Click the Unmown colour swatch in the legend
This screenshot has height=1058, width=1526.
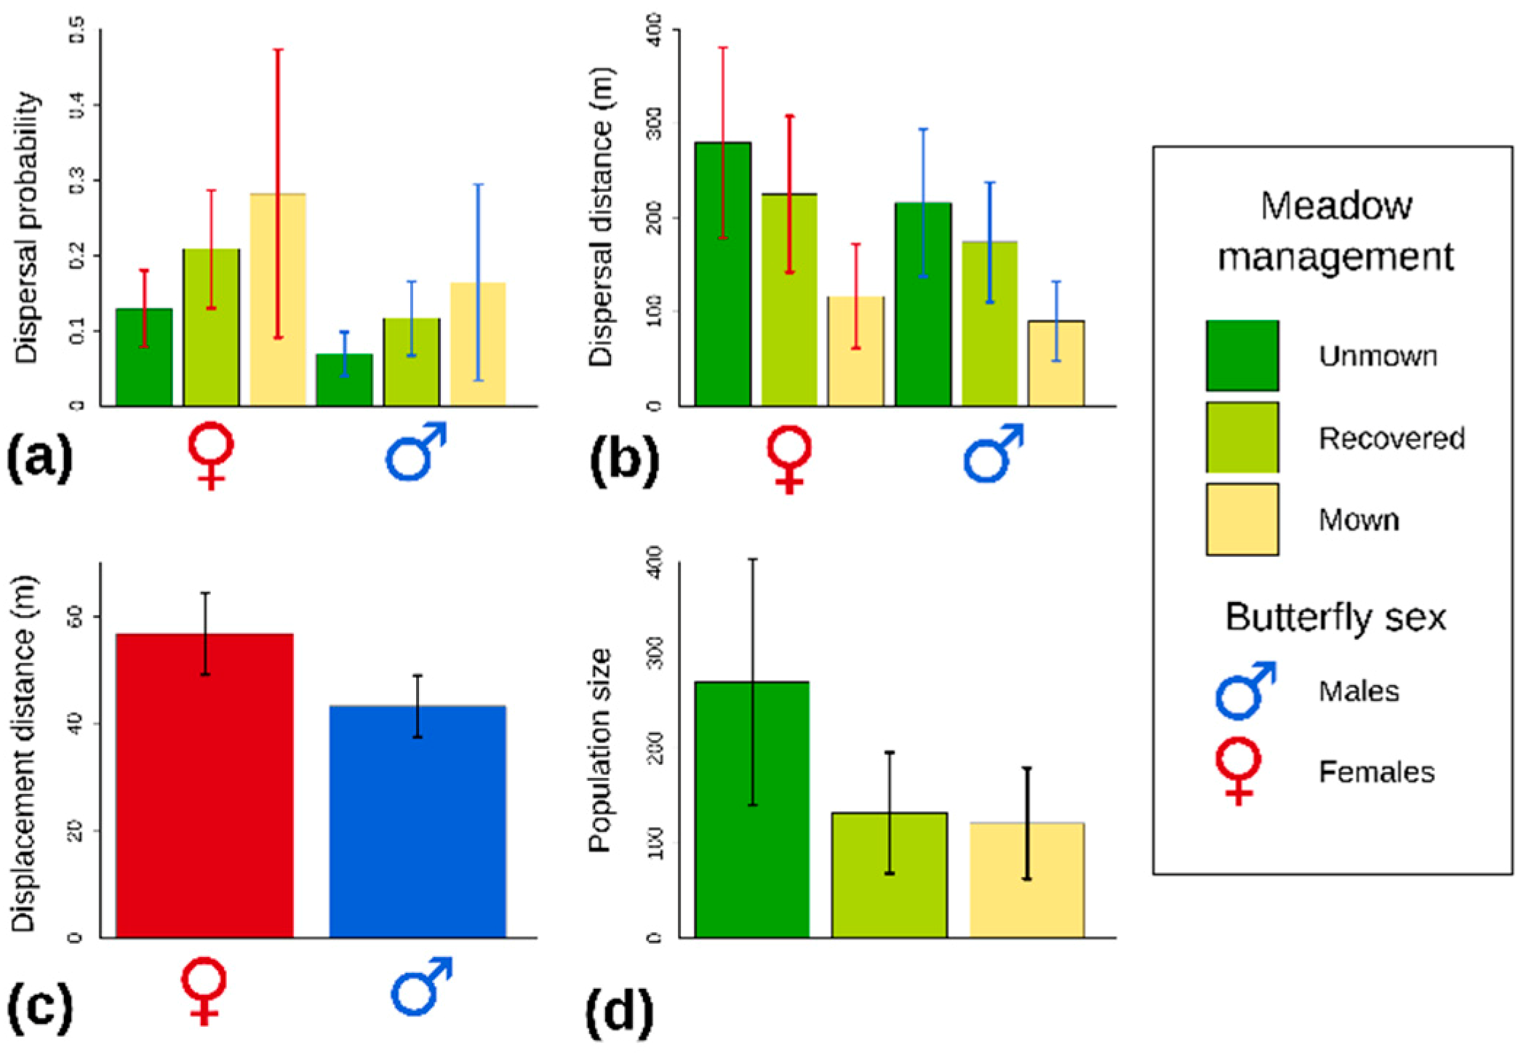pyautogui.click(x=1242, y=356)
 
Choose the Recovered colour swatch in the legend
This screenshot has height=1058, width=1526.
pyautogui.click(x=1242, y=437)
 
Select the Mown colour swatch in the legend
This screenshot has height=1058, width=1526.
pyautogui.click(x=1242, y=519)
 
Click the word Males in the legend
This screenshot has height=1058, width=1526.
pyautogui.click(x=1359, y=691)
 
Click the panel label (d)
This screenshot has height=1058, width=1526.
pyautogui.click(x=620, y=1014)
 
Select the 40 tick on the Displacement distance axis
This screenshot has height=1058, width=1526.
pyautogui.click(x=76, y=724)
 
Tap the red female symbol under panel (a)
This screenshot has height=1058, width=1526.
pyautogui.click(x=211, y=455)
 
